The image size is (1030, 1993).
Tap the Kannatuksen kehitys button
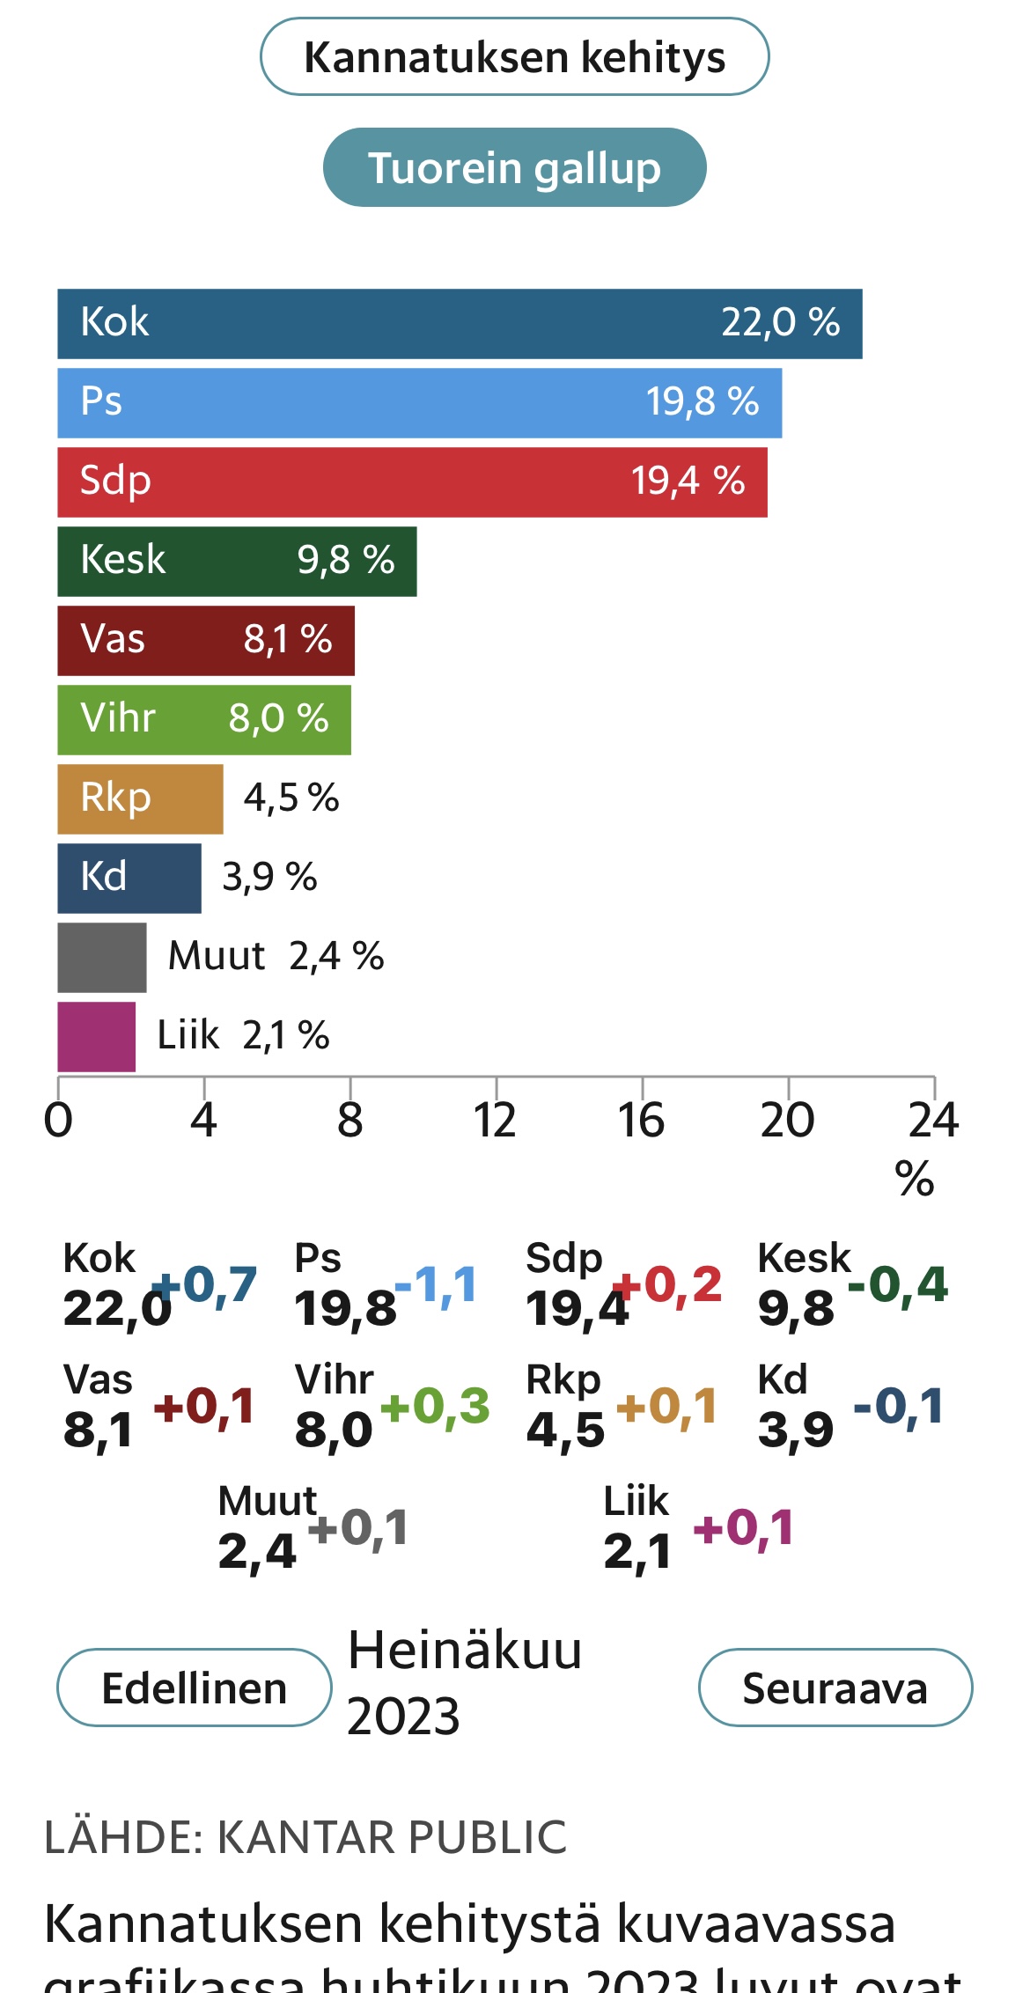pyautogui.click(x=514, y=57)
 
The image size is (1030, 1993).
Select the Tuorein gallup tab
pyautogui.click(x=514, y=167)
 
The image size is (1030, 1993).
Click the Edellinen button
pyautogui.click(x=194, y=1688)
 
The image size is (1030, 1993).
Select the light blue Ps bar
pyautogui.click(x=419, y=402)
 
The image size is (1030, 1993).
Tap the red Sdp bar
pyautogui.click(x=412, y=482)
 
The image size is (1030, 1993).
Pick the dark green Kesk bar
pyautogui.click(x=236, y=561)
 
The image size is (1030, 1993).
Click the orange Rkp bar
pyautogui.click(x=139, y=798)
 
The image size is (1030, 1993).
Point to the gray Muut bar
pyautogui.click(x=101, y=957)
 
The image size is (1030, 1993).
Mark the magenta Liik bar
pyautogui.click(x=96, y=1036)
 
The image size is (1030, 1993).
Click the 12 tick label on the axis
pyautogui.click(x=495, y=1121)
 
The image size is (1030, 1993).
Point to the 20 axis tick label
pyautogui.click(x=787, y=1121)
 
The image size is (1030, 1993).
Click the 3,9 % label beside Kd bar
pyautogui.click(x=269, y=877)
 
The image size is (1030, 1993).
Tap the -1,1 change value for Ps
pyautogui.click(x=437, y=1284)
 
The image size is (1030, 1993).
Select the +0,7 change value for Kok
pyautogui.click(x=205, y=1284)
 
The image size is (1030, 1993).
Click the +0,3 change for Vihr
pyautogui.click(x=435, y=1406)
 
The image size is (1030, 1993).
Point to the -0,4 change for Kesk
pyautogui.click(x=897, y=1284)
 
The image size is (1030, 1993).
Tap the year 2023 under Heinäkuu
pyautogui.click(x=403, y=1716)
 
